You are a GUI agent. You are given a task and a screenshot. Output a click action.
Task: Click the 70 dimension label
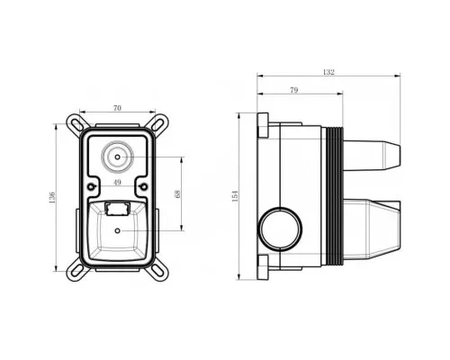coord(117,108)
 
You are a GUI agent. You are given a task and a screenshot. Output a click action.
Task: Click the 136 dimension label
coord(52,198)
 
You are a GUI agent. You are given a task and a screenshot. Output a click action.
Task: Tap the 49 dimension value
coord(117,182)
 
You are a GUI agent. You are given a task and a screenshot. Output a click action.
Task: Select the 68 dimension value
coord(177,194)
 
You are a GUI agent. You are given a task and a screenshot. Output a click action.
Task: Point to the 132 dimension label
coord(328,72)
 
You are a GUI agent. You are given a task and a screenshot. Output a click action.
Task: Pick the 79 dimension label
coord(294,90)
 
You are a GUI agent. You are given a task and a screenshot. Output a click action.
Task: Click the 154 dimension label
coord(235,196)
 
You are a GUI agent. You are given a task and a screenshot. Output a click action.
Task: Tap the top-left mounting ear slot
coord(76,123)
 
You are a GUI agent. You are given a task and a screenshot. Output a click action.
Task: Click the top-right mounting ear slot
coord(158,123)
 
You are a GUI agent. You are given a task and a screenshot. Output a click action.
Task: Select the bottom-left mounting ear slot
coord(76,271)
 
